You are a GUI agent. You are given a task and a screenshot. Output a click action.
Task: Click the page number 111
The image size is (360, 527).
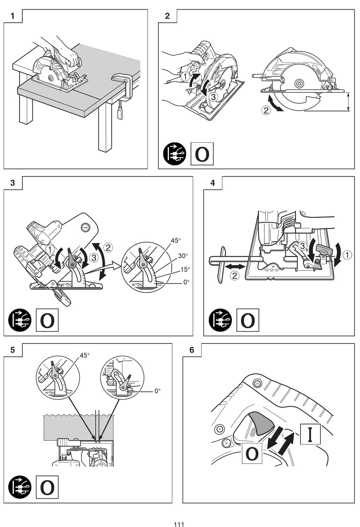[179, 524]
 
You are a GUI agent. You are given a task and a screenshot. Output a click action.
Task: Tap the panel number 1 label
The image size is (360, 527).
[13, 16]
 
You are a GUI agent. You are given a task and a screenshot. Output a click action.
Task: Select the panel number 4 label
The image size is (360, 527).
[213, 183]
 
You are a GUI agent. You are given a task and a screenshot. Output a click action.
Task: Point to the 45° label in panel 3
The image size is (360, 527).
[176, 240]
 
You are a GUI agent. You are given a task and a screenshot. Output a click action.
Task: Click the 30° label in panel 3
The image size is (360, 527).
[183, 256]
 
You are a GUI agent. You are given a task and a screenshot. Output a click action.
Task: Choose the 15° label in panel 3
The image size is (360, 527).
[185, 270]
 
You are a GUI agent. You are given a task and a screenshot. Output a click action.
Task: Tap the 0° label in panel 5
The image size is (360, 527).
[158, 391]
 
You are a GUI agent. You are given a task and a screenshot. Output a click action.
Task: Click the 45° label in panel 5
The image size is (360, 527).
[85, 355]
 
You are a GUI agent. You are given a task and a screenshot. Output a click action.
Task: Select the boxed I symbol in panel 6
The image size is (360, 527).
[310, 434]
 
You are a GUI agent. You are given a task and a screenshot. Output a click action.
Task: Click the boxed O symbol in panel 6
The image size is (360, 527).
[252, 453]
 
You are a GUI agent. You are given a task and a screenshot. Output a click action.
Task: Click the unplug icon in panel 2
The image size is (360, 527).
[175, 154]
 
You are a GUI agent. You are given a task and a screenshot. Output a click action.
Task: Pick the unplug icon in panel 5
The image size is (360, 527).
[20, 487]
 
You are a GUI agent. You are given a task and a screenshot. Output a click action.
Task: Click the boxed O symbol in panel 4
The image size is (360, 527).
[248, 320]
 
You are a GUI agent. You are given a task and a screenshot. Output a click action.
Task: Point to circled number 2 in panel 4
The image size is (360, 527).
[235, 276]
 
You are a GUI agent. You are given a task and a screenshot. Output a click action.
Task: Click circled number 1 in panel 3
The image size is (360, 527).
[50, 250]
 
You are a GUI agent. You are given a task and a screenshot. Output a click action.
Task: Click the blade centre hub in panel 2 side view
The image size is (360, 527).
[299, 83]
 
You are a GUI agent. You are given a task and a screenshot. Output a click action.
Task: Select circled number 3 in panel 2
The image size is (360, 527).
[213, 97]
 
